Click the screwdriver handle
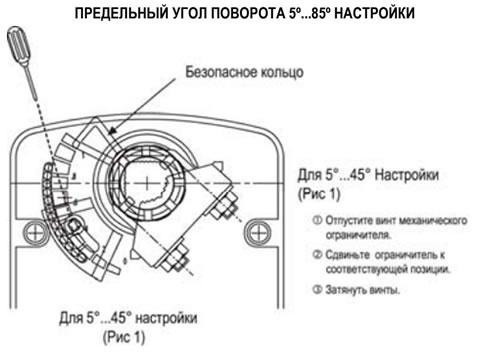19,46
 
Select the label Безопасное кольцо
244,72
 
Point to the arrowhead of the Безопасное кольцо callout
113,131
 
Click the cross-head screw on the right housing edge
258,232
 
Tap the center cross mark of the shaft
147,182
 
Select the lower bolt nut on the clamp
176,259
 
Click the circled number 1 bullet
317,220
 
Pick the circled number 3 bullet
317,289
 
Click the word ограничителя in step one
359,235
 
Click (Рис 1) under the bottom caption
124,337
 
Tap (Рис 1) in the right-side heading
319,194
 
